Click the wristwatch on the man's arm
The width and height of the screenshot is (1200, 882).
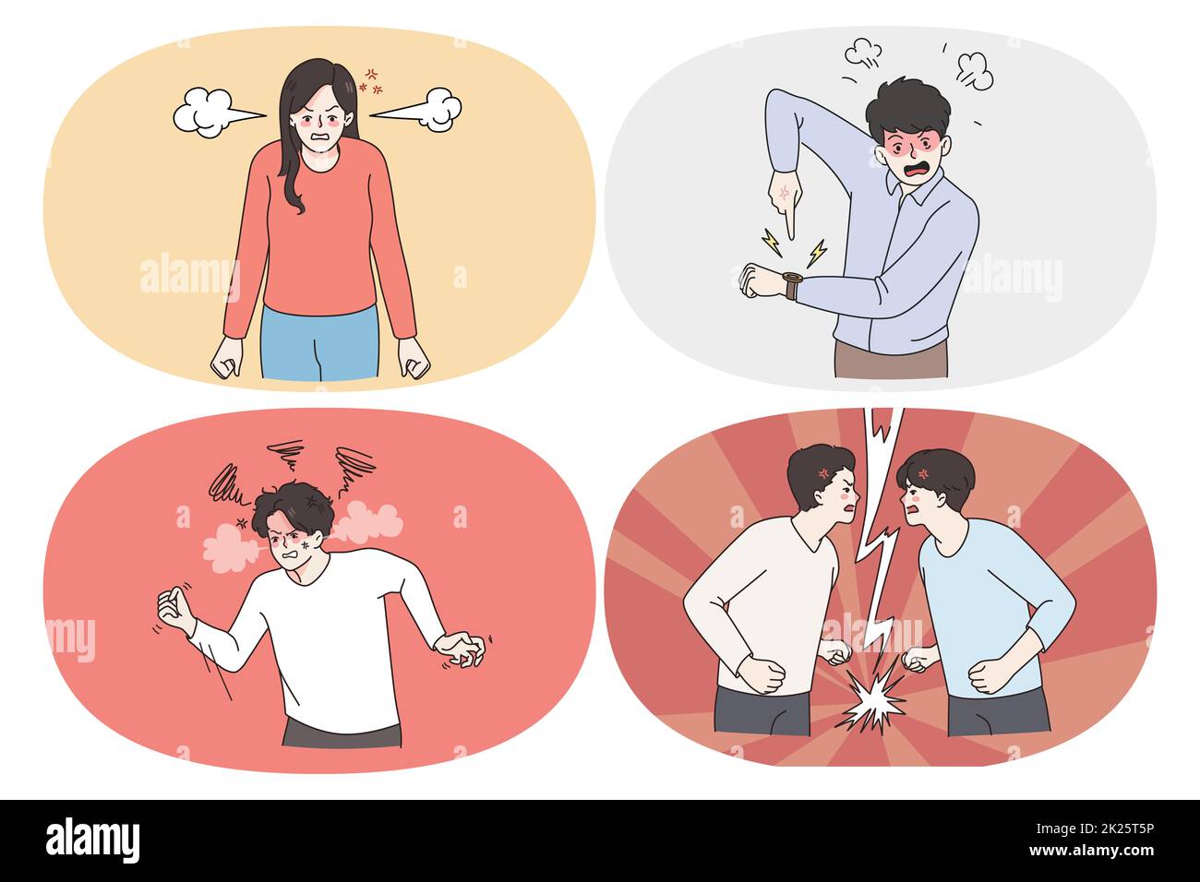[x=791, y=283]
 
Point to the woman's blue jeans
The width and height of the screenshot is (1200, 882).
[x=319, y=342]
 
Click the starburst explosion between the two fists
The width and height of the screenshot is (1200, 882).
[x=871, y=705]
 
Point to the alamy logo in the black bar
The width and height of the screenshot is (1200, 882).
[x=93, y=840]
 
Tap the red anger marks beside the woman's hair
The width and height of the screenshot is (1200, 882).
[x=373, y=81]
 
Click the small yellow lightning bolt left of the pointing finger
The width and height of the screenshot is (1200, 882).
[x=770, y=243]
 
